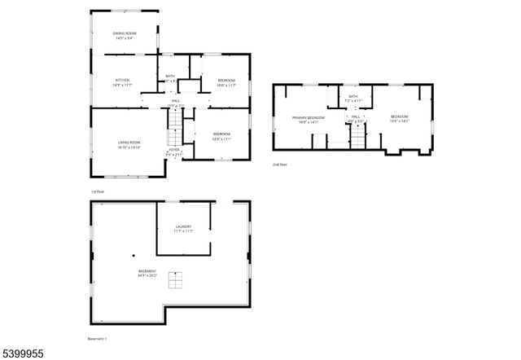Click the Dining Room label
tap(125, 35)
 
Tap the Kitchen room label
tap(123, 81)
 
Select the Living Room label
tap(129, 145)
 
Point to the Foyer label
tap(174, 151)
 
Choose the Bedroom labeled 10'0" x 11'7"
tap(226, 82)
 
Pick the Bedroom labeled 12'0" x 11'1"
tap(222, 136)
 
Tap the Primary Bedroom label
tap(309, 120)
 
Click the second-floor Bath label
tap(353, 99)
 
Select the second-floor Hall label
tap(355, 118)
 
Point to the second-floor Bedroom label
tap(399, 119)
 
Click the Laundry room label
tap(183, 229)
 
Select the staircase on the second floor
tap(357, 138)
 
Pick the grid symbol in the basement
tap(175, 279)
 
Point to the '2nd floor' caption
tap(280, 165)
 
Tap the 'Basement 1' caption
tap(97, 338)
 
